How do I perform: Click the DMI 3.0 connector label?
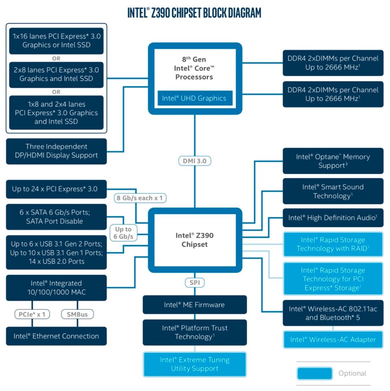point(194,161)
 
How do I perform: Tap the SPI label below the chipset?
point(194,283)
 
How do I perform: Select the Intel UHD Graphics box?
point(194,98)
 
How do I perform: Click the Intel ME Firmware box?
point(194,305)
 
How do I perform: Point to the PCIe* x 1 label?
point(32,314)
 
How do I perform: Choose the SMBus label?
point(77,314)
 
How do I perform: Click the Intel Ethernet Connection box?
point(56,336)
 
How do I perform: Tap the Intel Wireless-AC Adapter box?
point(333,340)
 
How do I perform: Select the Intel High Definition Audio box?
point(333,218)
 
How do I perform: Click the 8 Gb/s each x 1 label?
point(139,198)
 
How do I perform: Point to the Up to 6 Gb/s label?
point(123,233)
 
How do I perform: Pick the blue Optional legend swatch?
point(315,373)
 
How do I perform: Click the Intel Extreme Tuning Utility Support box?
point(194,364)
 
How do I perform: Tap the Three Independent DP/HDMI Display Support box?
point(56,151)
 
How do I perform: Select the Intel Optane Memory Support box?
point(333,161)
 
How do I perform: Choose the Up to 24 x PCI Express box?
point(56,189)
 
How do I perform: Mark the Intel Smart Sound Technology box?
point(333,191)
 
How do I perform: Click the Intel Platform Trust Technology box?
point(194,332)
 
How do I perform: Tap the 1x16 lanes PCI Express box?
point(56,41)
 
